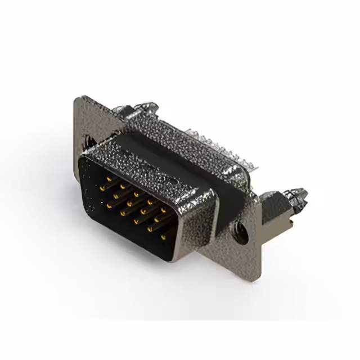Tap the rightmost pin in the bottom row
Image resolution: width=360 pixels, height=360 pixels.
(x=164, y=237)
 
